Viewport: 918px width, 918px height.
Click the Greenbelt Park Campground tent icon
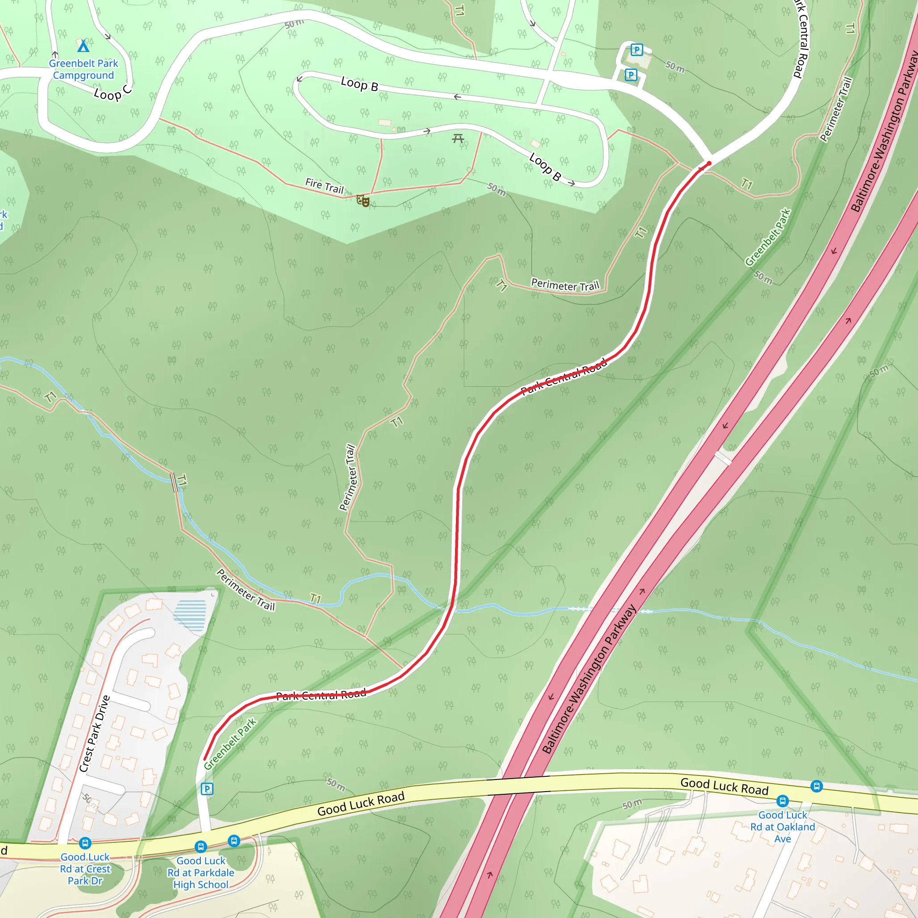tap(83, 46)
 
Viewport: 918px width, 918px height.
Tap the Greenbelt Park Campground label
tap(84, 69)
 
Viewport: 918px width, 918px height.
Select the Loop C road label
tap(113, 92)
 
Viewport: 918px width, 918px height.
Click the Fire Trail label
tap(325, 186)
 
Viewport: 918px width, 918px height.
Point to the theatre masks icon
tap(363, 200)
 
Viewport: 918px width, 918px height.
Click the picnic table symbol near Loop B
tap(458, 138)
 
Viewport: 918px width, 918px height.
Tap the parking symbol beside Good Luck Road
tap(207, 789)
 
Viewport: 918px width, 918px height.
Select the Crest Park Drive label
tap(95, 734)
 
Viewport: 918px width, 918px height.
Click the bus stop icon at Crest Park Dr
tap(85, 843)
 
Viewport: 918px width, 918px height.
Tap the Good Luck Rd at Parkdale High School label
tap(200, 872)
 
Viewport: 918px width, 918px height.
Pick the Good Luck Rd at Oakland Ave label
tap(783, 827)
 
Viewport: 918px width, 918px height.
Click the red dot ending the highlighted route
tap(709, 164)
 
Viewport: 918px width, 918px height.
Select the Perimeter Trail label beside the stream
tap(246, 590)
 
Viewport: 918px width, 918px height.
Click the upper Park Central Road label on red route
tap(564, 377)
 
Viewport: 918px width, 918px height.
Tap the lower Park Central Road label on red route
tap(321, 695)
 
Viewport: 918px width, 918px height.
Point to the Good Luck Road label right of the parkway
tap(724, 786)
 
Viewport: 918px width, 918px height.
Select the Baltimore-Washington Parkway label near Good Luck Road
tap(589, 679)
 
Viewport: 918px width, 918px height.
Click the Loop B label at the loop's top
tap(359, 84)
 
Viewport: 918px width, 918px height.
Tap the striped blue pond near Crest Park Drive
tap(190, 615)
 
